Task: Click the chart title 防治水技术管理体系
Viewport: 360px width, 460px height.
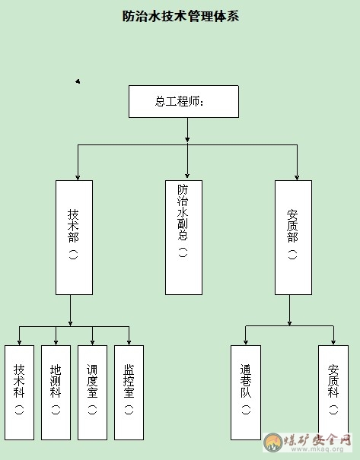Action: click(180, 16)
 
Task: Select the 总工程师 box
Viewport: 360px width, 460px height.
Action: click(184, 102)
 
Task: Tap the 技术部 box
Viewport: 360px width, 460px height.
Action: click(75, 238)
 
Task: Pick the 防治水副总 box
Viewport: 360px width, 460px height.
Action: click(184, 238)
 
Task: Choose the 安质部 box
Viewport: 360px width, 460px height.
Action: click(293, 238)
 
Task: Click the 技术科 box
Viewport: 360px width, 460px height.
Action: click(19, 392)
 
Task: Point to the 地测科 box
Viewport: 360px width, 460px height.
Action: click(56, 392)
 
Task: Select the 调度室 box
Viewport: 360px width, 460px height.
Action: click(93, 392)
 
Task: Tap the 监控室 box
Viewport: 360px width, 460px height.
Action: click(129, 392)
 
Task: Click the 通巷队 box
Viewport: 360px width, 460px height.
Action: click(246, 392)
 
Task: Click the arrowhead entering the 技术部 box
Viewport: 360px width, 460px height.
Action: click(78, 178)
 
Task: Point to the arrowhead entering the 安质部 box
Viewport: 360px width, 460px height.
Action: click(297, 178)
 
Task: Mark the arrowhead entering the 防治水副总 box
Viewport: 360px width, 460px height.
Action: click(187, 176)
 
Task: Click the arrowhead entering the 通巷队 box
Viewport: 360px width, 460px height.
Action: click(246, 342)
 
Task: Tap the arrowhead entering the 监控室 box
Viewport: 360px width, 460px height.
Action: click(129, 342)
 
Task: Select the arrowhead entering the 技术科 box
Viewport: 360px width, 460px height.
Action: click(19, 342)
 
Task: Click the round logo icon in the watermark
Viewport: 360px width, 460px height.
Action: click(273, 442)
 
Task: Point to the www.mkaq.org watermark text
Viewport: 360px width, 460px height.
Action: click(317, 449)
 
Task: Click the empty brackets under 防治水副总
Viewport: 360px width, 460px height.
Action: click(183, 252)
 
